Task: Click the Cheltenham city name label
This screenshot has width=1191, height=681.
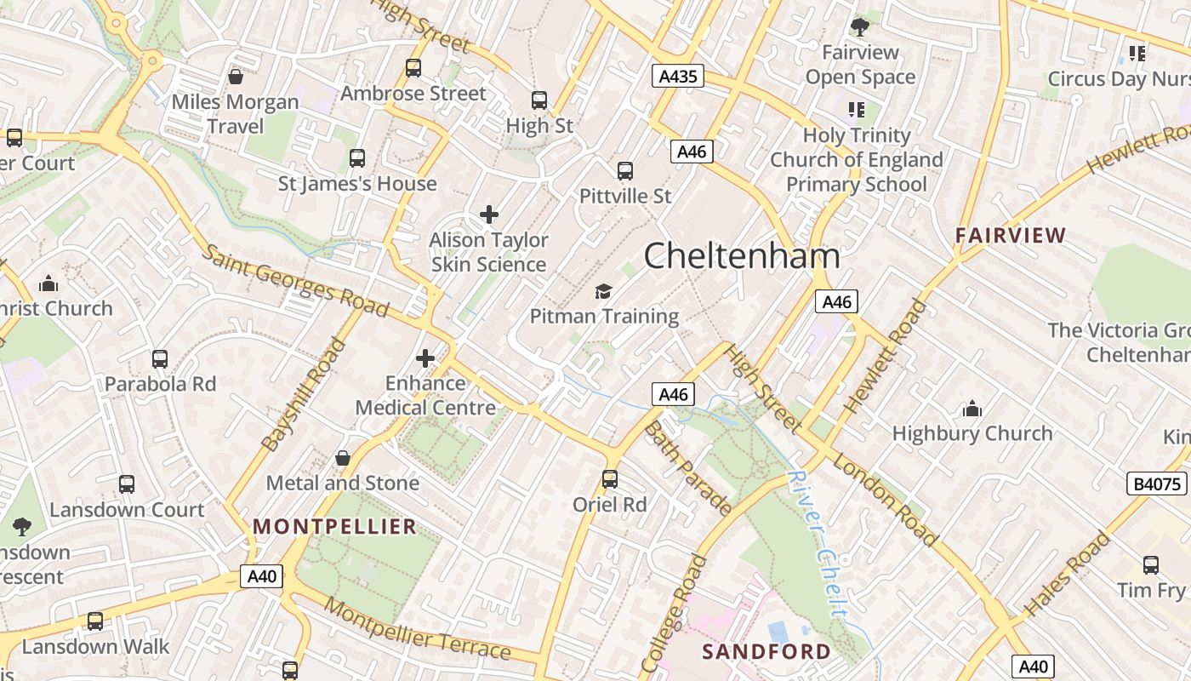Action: coord(742,255)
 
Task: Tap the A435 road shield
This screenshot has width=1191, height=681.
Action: coord(678,77)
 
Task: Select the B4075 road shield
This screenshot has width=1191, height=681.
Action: coord(1157,484)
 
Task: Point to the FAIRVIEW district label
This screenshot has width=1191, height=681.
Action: coord(1010,235)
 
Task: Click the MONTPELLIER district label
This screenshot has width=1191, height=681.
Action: coord(335,526)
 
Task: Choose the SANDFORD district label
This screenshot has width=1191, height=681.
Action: coord(766,651)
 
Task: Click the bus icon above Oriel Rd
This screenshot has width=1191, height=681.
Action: coord(610,478)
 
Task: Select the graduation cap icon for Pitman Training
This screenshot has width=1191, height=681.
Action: coord(603,292)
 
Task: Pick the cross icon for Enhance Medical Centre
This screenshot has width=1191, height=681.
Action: coord(425,358)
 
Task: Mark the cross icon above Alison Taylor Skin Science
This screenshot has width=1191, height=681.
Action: coord(488,215)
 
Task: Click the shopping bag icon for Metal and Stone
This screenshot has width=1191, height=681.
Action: coord(343,458)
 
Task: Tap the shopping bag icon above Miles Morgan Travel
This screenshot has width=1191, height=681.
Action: coord(236,77)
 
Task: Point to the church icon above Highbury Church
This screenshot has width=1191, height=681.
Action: coord(972,409)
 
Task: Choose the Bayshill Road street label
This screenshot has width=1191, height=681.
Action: coord(305,395)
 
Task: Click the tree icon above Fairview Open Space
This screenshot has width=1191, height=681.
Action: coord(860,26)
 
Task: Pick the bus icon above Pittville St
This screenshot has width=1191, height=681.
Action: coord(625,171)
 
